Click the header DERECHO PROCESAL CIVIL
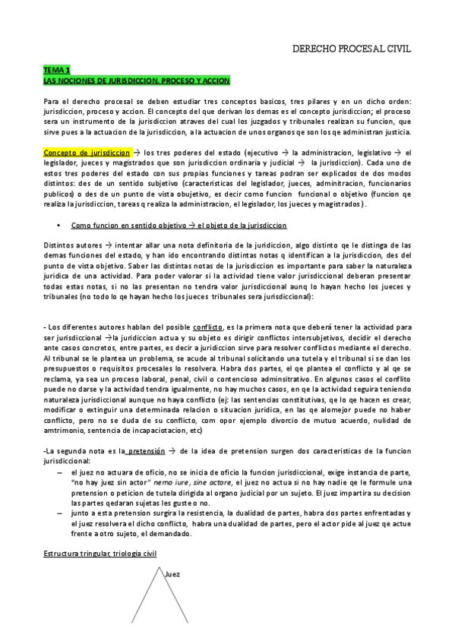click(x=352, y=48)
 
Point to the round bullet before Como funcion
click(x=58, y=226)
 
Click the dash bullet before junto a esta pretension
click(x=61, y=514)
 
